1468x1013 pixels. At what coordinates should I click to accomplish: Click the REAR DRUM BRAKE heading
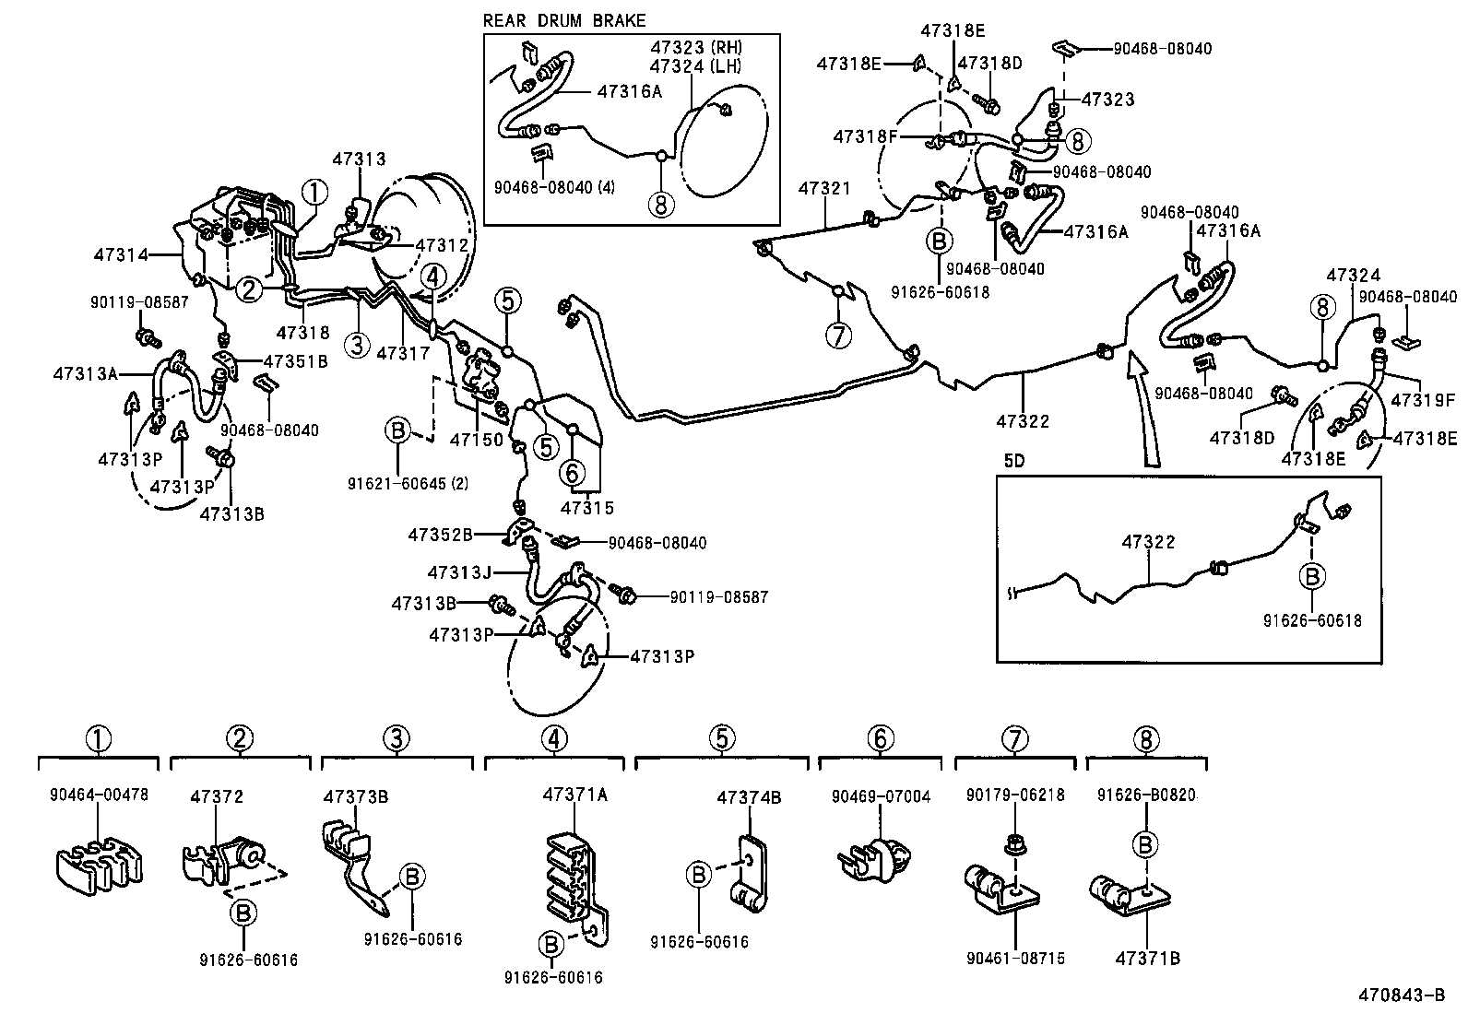click(x=564, y=20)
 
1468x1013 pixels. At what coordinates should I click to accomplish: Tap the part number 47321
click(x=824, y=188)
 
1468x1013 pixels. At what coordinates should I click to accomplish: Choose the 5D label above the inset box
click(x=1013, y=461)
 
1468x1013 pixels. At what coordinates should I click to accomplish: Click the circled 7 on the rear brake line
click(x=837, y=336)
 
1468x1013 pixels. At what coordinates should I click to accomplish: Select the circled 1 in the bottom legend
click(x=99, y=738)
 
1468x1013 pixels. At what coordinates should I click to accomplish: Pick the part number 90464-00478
click(x=99, y=794)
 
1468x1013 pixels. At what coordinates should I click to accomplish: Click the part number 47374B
click(x=749, y=798)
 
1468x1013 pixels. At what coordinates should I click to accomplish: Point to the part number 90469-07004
click(x=881, y=796)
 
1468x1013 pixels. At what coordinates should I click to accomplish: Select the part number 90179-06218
click(x=1014, y=795)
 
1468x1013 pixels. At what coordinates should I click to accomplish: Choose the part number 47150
click(x=475, y=440)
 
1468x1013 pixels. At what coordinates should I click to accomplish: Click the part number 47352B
click(x=441, y=534)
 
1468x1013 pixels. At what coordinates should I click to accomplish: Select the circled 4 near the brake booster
click(x=432, y=276)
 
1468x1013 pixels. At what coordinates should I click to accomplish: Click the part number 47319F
click(x=1423, y=401)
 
